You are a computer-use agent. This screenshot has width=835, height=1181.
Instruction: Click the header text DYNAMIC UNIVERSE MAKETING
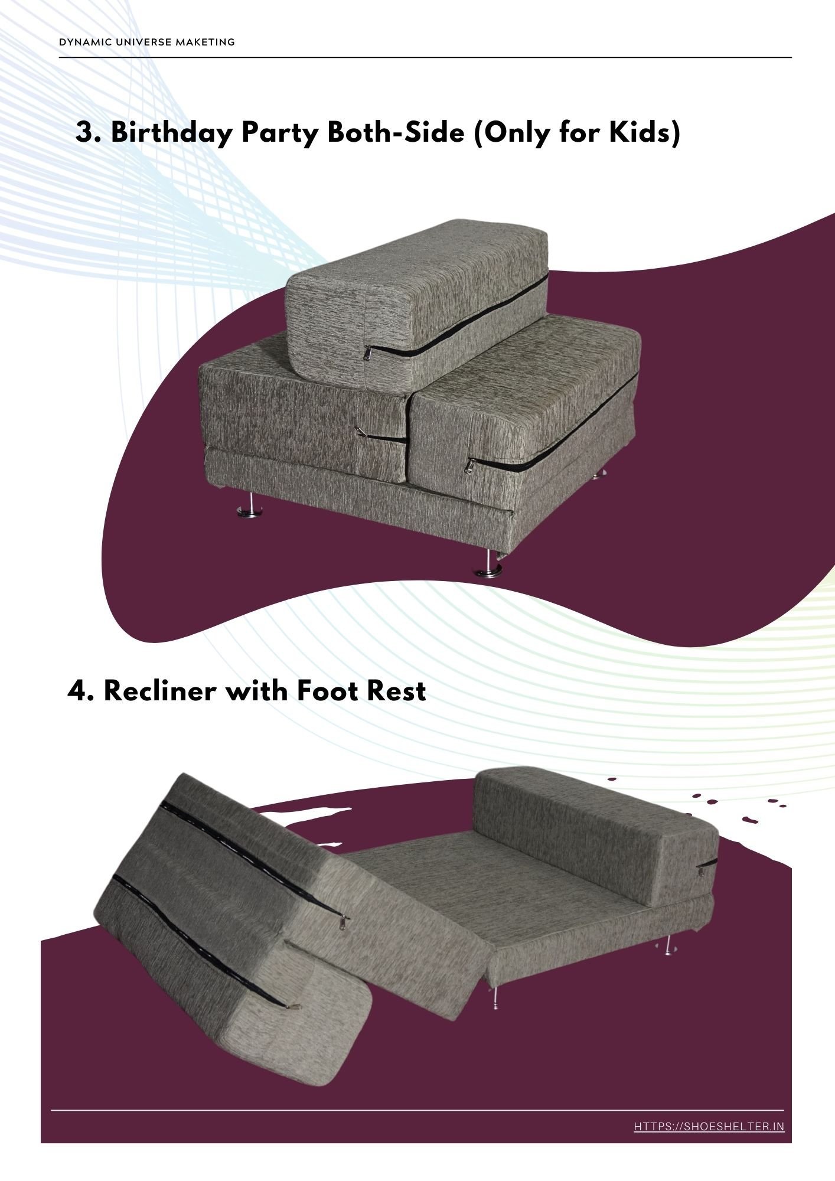point(147,42)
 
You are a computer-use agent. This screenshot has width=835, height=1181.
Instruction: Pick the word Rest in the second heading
point(396,690)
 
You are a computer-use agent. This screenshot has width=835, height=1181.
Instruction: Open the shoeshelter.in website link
point(709,1127)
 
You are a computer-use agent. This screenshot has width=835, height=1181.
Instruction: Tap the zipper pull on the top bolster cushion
point(367,353)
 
